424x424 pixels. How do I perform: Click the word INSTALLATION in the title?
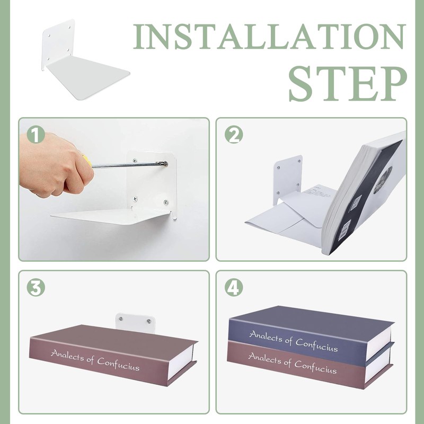[270, 37]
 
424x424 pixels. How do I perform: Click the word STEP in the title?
[348, 84]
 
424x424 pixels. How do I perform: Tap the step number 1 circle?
[36, 135]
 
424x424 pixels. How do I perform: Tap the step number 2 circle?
[234, 135]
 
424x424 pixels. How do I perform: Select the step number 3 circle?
[36, 287]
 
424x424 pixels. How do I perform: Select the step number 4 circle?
[234, 287]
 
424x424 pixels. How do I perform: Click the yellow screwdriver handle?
[87, 161]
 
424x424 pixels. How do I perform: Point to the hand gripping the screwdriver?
[56, 164]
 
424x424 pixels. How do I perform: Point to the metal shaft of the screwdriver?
[128, 164]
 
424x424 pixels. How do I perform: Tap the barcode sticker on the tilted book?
[344, 229]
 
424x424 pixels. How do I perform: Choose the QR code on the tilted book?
[356, 203]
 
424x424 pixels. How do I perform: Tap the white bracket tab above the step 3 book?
[136, 322]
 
